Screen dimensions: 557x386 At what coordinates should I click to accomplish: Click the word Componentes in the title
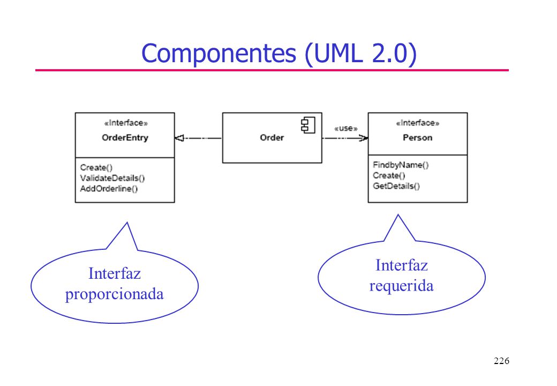click(219, 54)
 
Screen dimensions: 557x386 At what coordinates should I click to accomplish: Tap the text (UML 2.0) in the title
click(360, 54)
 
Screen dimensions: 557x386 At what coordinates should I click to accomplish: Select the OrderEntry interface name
click(125, 138)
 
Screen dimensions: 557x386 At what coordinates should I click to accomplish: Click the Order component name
click(272, 138)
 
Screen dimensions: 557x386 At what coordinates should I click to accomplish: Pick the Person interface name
click(417, 138)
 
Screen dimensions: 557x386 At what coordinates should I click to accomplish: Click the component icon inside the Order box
click(308, 125)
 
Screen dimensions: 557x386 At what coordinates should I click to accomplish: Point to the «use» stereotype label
click(345, 128)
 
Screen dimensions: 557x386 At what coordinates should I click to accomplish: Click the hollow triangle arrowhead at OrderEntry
click(179, 138)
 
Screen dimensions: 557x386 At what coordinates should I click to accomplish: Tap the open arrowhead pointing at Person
click(364, 138)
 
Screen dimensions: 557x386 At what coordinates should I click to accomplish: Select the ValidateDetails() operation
click(112, 178)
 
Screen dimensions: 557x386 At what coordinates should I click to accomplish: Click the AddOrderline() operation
click(109, 189)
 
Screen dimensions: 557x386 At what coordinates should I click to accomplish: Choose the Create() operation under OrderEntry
click(96, 167)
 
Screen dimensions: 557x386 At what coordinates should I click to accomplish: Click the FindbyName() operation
click(401, 165)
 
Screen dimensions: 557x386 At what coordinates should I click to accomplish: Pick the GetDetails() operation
click(396, 186)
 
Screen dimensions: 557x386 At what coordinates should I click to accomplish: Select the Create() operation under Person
click(389, 176)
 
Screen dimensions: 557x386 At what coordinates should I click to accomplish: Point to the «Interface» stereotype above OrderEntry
click(126, 123)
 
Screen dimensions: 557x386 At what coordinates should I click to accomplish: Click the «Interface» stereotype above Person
click(417, 123)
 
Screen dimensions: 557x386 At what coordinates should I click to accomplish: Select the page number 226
click(501, 361)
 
